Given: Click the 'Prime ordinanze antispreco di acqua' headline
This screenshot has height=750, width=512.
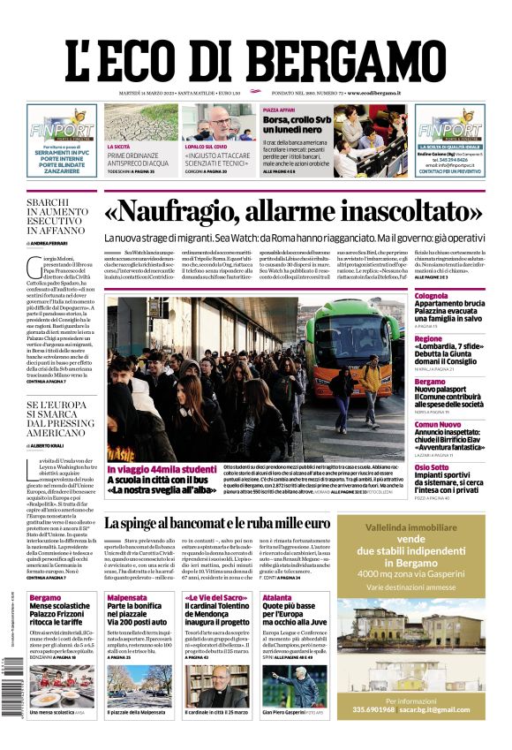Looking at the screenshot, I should (138, 159).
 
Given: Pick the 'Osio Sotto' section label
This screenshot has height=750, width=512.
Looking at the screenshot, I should (433, 467).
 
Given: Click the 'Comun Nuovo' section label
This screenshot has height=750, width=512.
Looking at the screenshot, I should (437, 424).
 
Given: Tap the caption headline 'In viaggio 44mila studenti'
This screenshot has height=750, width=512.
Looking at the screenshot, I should (162, 469).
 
